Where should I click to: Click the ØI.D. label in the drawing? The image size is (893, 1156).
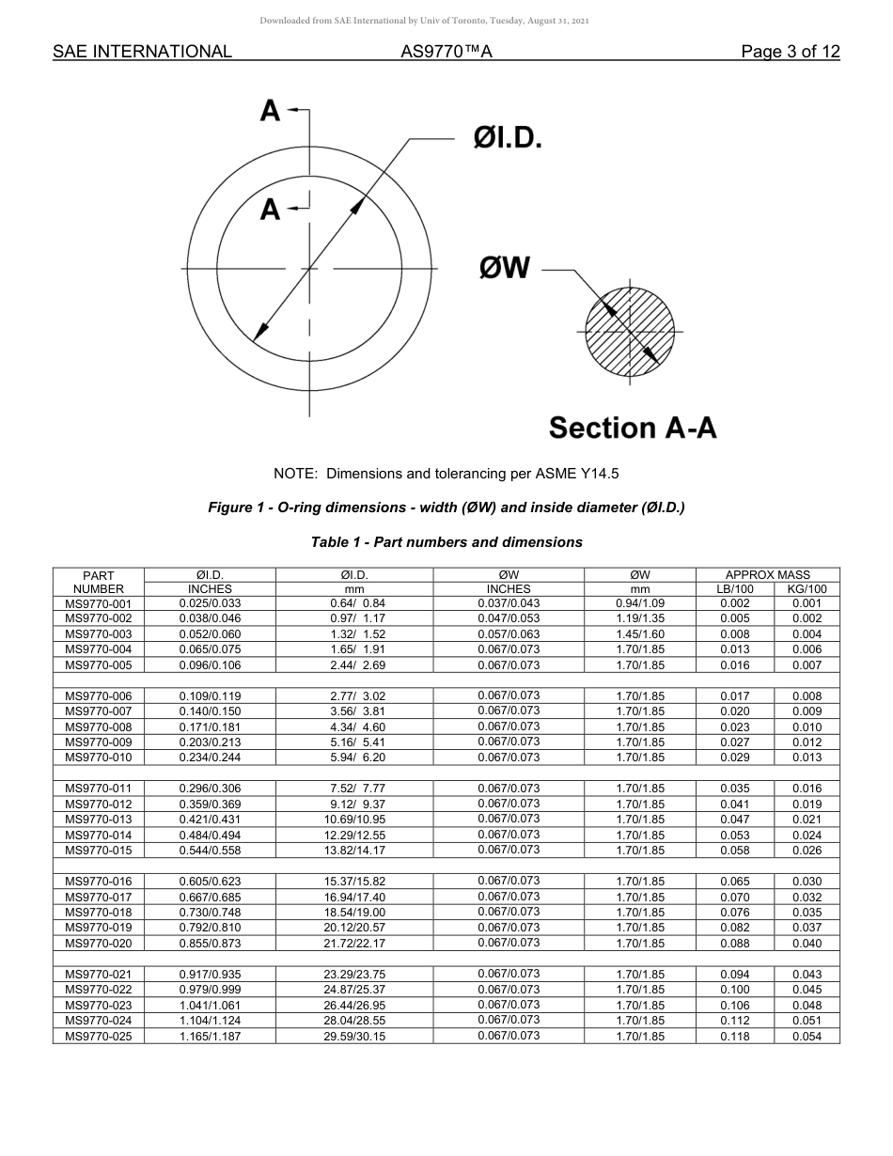(x=508, y=138)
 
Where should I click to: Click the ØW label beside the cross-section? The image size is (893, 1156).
(x=505, y=269)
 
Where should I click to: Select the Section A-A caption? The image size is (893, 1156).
(x=633, y=428)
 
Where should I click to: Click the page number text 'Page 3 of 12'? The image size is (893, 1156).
(x=790, y=52)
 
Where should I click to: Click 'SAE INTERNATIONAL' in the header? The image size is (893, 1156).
(x=142, y=52)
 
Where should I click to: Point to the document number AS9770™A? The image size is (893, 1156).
(x=446, y=52)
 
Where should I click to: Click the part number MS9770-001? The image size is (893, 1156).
(x=99, y=603)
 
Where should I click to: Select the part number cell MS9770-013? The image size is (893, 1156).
(x=99, y=820)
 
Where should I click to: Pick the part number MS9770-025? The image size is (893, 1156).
(x=99, y=1036)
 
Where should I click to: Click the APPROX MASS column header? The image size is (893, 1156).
(x=767, y=575)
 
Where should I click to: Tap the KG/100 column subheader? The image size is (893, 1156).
(x=807, y=589)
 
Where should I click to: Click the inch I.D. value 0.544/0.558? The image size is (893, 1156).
(x=210, y=851)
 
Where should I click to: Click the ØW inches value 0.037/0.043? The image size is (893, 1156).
(x=509, y=603)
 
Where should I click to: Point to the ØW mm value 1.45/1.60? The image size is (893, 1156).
(x=639, y=634)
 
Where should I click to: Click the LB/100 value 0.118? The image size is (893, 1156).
(x=735, y=1036)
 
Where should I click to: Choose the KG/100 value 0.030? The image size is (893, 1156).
(x=807, y=882)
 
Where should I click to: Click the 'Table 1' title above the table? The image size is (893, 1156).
(x=446, y=542)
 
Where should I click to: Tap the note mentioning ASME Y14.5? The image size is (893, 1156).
(x=446, y=474)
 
